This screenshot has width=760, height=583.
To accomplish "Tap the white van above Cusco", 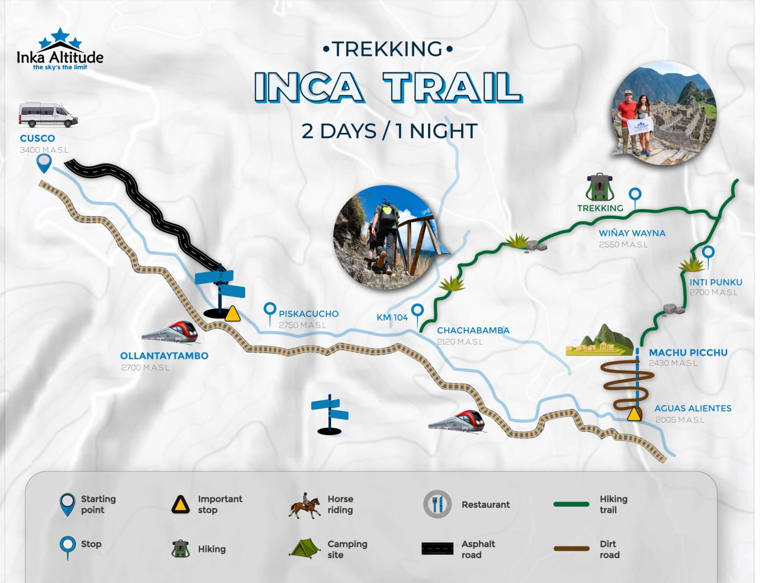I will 48,115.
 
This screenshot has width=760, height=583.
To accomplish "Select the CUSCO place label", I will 38,139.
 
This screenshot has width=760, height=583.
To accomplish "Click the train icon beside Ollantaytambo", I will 170,332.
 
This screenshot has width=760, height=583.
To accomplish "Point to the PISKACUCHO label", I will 309,314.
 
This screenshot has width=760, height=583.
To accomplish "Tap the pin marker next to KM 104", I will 418,312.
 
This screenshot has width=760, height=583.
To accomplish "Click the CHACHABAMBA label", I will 473,330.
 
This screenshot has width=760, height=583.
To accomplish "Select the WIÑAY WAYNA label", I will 632,233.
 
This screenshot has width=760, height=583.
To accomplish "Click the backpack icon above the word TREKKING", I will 600,188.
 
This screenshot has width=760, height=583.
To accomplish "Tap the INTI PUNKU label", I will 716,282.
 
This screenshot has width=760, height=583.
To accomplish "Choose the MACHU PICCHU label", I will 688,352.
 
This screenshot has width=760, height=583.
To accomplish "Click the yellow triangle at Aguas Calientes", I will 634,415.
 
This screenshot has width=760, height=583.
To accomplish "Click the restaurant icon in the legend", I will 437,504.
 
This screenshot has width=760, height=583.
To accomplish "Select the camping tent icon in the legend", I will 305,548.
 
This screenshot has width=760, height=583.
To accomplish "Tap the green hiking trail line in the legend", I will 571,504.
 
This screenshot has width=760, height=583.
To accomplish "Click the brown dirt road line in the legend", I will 571,548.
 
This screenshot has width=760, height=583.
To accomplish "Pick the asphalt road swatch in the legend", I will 437,548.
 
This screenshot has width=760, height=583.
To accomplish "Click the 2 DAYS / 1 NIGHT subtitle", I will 389,131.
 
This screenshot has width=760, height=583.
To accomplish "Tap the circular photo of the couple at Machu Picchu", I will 664,113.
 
